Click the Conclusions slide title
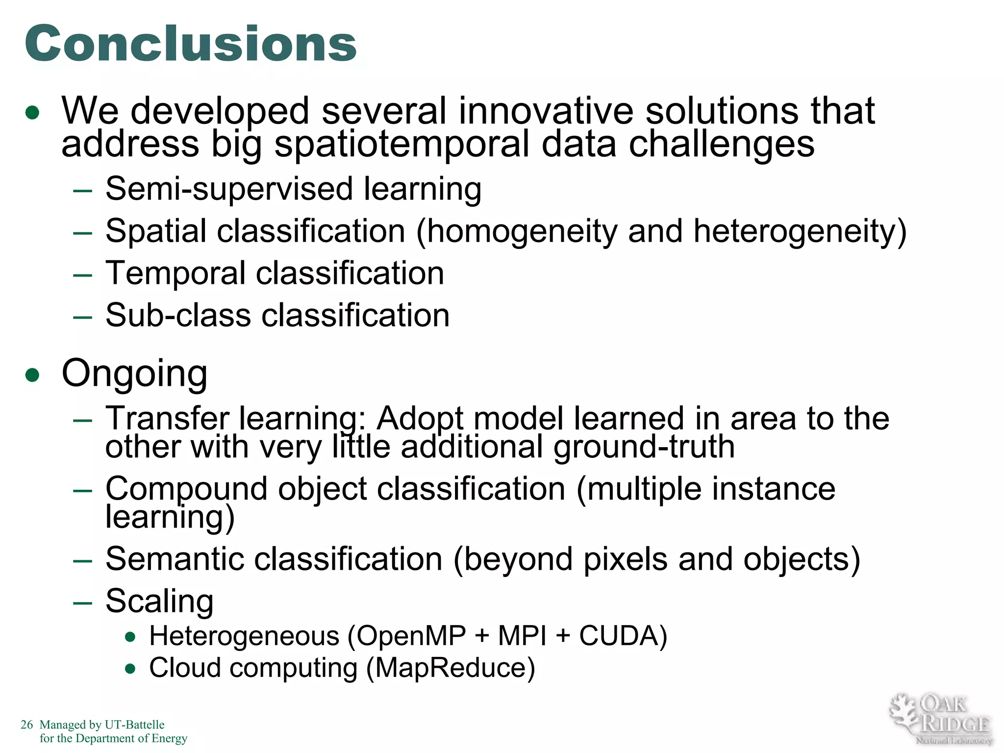point(191,44)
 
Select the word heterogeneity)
point(800,231)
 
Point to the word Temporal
point(175,273)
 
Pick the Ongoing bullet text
point(134,374)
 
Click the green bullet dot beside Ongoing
point(32,376)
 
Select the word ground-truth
point(644,447)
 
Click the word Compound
point(186,489)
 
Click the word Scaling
point(159,601)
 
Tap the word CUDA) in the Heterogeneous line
point(623,636)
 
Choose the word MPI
point(522,636)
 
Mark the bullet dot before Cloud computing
point(130,669)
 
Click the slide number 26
point(26,725)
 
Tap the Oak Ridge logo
point(940,719)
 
